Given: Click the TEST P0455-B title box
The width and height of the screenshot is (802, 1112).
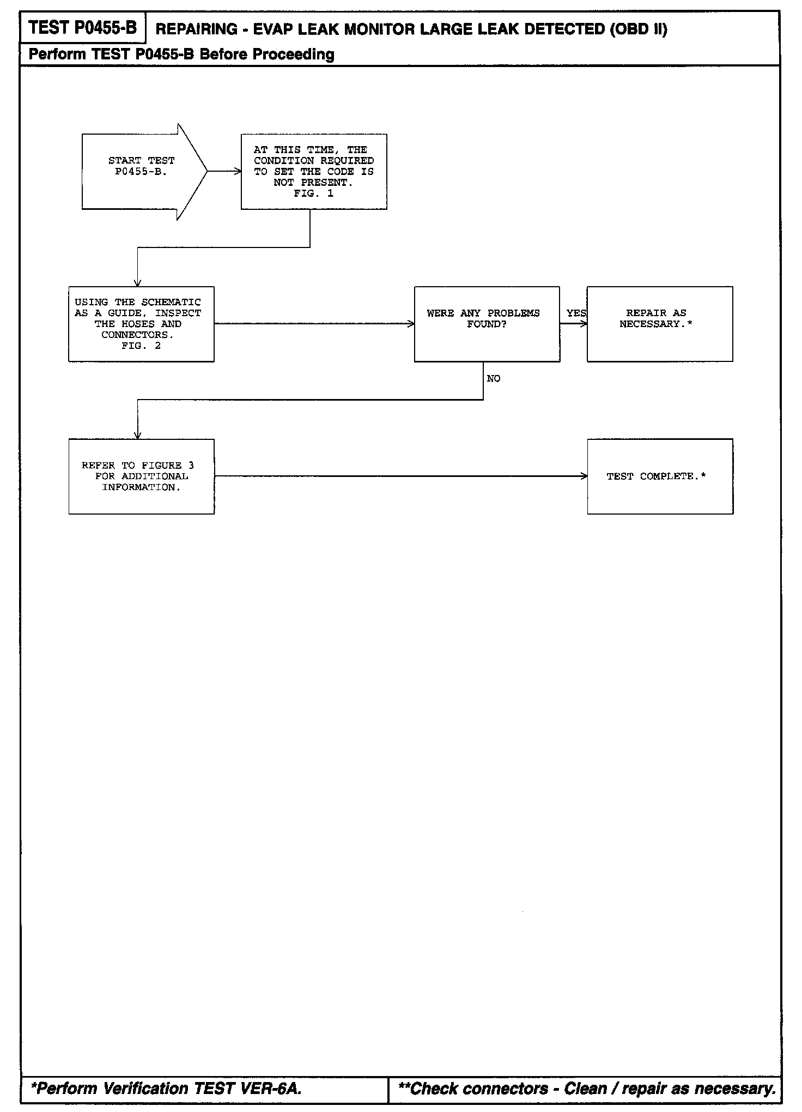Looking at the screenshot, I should [x=82, y=27].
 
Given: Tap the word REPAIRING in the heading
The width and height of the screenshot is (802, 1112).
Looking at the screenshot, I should [x=196, y=29].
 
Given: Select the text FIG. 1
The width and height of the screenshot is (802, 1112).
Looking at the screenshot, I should [x=313, y=194].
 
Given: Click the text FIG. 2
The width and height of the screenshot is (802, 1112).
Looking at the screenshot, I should [x=141, y=346].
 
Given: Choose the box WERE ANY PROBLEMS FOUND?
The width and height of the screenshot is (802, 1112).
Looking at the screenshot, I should [x=487, y=324].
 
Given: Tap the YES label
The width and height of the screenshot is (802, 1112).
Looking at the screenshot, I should [x=576, y=313].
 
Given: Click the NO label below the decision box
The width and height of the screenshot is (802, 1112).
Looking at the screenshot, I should [x=493, y=379].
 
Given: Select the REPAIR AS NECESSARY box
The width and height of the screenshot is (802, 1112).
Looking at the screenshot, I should [x=659, y=324].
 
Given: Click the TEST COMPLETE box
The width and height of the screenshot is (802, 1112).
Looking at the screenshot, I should [x=659, y=476].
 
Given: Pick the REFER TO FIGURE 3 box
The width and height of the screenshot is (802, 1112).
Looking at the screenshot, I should [x=141, y=476].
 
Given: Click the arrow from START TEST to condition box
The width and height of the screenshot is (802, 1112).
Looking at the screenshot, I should [x=224, y=171].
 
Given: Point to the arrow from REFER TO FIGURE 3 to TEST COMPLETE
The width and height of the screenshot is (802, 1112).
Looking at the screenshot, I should [x=400, y=476].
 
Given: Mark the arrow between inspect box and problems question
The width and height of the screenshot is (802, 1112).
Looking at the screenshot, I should [x=314, y=324].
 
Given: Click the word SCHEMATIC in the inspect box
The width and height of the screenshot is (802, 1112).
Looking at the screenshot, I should [x=171, y=302].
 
